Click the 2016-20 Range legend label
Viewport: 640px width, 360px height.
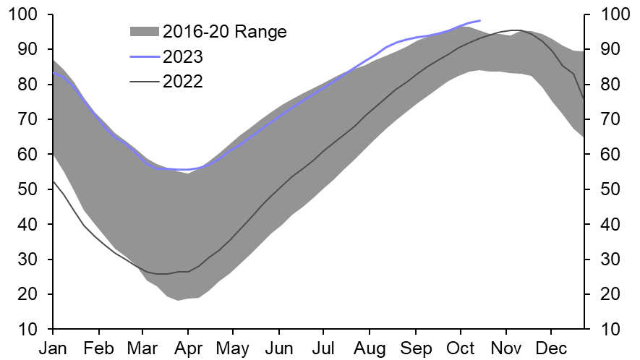tap(224, 31)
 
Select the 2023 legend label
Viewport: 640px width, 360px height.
tap(183, 56)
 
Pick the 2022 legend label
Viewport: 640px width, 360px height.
tap(183, 82)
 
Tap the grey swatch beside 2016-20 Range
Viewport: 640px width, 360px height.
tap(143, 31)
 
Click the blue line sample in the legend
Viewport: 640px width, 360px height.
tap(143, 56)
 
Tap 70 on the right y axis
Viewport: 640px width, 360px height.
tap(606, 119)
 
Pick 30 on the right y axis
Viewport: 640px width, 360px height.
tap(606, 260)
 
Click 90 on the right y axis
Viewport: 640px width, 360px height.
tap(606, 49)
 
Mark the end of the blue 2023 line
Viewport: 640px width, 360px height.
tap(480, 20)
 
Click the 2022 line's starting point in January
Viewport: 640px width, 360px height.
tap(54, 181)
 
